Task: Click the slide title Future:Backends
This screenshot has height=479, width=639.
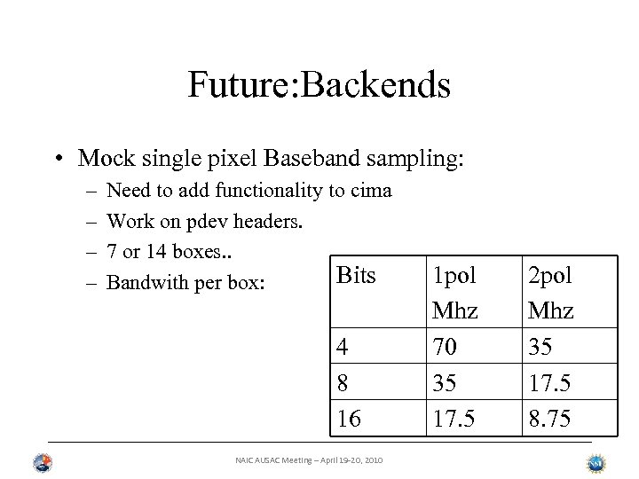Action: (x=319, y=85)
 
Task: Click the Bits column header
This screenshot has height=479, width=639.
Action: (x=357, y=275)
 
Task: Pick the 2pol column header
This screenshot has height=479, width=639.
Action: (x=550, y=275)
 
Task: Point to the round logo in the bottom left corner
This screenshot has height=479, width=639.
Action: (x=42, y=463)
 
